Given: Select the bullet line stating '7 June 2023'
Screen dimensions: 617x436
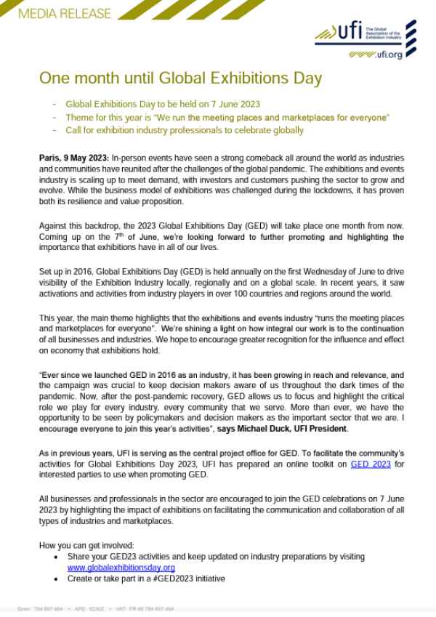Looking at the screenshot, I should click(163, 104).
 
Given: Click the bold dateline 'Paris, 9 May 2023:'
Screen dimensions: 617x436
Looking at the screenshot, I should click(73, 158).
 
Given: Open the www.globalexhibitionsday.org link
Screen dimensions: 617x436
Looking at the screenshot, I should click(121, 567).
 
